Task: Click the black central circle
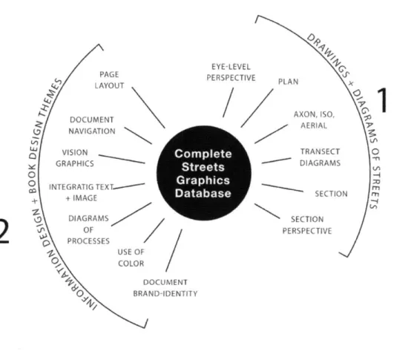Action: [204, 173]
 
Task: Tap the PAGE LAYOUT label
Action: [109, 80]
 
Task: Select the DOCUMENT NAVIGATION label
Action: [92, 125]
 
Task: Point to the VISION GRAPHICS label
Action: [75, 158]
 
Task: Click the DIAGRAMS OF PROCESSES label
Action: [88, 229]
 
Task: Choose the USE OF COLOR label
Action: [131, 258]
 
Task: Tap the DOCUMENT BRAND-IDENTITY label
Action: [165, 288]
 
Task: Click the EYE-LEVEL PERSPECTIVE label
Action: [231, 72]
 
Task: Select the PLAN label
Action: [288, 82]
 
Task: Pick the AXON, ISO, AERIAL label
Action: [314, 120]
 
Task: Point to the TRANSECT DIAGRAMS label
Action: [320, 157]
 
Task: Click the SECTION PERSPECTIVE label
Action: [307, 225]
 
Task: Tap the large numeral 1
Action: [381, 100]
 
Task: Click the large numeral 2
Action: [4, 231]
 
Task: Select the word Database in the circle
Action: [203, 193]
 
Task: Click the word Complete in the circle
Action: [203, 154]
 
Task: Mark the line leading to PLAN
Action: [257, 108]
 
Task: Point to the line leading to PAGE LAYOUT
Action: [148, 108]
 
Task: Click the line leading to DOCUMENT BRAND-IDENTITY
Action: [174, 250]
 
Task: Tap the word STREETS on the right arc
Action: [375, 187]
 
